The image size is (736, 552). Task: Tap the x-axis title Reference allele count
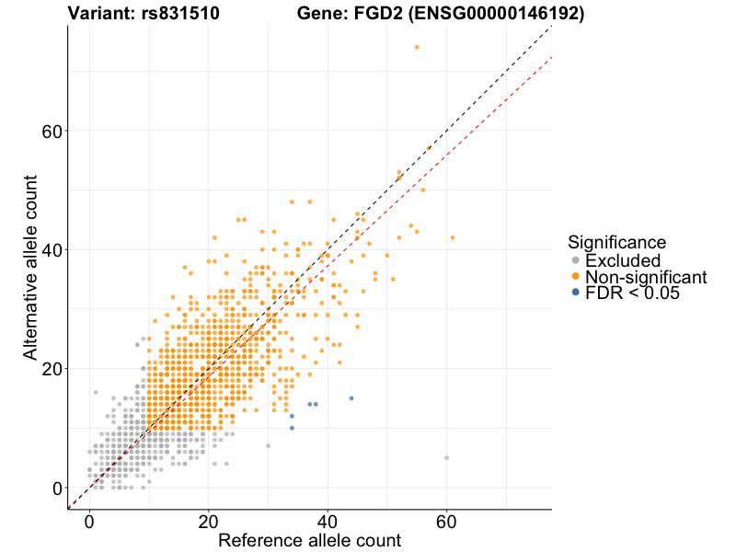point(309,540)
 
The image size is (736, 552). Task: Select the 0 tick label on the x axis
point(89,520)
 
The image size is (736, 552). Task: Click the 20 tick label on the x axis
point(208,520)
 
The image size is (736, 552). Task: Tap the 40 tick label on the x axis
point(328,520)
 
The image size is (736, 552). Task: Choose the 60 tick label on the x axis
point(446,520)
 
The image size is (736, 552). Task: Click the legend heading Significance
point(616,243)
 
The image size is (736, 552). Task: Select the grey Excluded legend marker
point(576,261)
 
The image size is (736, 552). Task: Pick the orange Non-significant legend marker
point(576,277)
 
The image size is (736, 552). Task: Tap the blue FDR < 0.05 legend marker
point(576,293)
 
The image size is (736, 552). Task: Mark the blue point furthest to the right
point(351,398)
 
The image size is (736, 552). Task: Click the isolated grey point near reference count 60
point(446,457)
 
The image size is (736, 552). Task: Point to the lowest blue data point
point(292,428)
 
